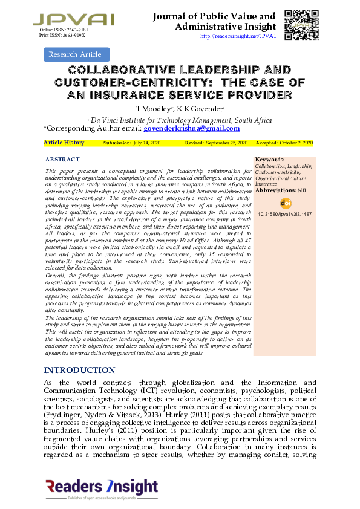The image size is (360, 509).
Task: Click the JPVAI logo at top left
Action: (73, 19)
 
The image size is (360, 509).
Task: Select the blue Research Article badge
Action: (76, 54)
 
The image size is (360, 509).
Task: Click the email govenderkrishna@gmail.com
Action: (191, 128)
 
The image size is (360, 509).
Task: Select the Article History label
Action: (64, 143)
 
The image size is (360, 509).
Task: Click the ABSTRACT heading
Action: (62, 160)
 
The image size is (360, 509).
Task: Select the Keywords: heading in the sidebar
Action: (270, 160)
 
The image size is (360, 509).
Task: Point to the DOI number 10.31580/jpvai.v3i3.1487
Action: (285, 214)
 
